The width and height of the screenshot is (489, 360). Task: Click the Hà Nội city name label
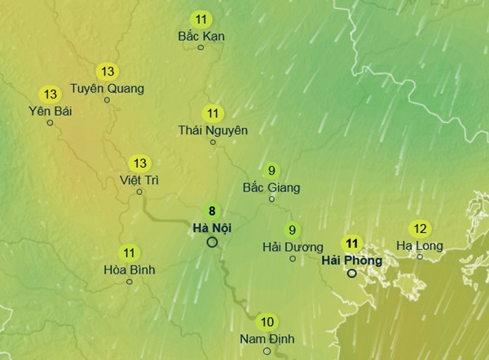pyautogui.click(x=212, y=228)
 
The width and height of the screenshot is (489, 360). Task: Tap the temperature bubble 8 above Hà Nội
pyautogui.click(x=212, y=211)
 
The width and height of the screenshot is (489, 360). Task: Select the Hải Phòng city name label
pyautogui.click(x=352, y=260)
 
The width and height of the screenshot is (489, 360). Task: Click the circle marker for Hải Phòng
pyautogui.click(x=352, y=274)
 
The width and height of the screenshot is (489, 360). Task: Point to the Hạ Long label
pyautogui.click(x=419, y=245)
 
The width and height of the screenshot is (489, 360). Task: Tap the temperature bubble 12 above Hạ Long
pyautogui.click(x=421, y=228)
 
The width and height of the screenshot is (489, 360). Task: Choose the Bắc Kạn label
pyautogui.click(x=201, y=36)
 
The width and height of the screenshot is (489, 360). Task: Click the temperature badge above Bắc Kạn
pyautogui.click(x=201, y=18)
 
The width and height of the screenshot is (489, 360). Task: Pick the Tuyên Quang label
pyautogui.click(x=107, y=88)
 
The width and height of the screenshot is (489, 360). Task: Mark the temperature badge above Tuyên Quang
pyautogui.click(x=106, y=71)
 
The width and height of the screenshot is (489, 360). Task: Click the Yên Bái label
pyautogui.click(x=50, y=111)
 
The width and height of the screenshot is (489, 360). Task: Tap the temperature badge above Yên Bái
pyautogui.click(x=51, y=94)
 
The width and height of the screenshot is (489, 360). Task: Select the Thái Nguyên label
pyautogui.click(x=214, y=130)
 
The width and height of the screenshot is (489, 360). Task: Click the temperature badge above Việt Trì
pyautogui.click(x=140, y=163)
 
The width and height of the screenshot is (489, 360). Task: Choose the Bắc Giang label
pyautogui.click(x=271, y=187)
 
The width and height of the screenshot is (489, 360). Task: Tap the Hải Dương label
pyautogui.click(x=293, y=247)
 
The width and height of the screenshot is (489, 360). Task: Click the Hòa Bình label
pyautogui.click(x=130, y=270)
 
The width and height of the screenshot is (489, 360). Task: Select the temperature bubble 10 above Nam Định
pyautogui.click(x=267, y=321)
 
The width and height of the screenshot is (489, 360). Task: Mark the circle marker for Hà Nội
pyautogui.click(x=212, y=242)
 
